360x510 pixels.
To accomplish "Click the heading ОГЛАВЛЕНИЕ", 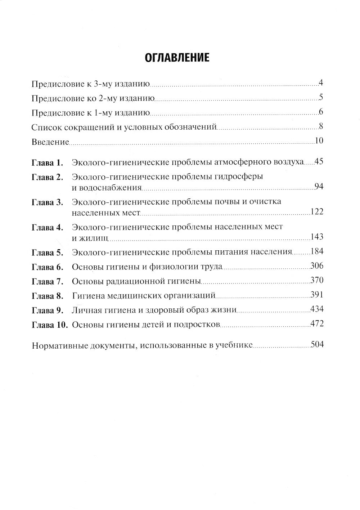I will coord(177,57).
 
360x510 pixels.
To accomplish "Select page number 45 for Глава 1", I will coord(319,161).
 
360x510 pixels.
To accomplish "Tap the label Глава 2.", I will coord(48,177).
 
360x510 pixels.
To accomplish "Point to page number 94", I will coord(319,187).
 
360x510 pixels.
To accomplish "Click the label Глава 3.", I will coord(48,202).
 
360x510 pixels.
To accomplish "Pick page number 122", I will coord(317,212).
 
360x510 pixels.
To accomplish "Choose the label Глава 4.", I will coord(48,228).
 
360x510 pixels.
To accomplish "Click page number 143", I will coord(317,237).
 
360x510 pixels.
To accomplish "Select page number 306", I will coord(317,266).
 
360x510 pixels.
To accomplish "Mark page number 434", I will coord(317,309).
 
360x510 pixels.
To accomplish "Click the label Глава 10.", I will coord(50,325).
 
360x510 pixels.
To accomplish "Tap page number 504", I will coord(317,345).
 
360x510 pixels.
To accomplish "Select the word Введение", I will coord(50,142).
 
